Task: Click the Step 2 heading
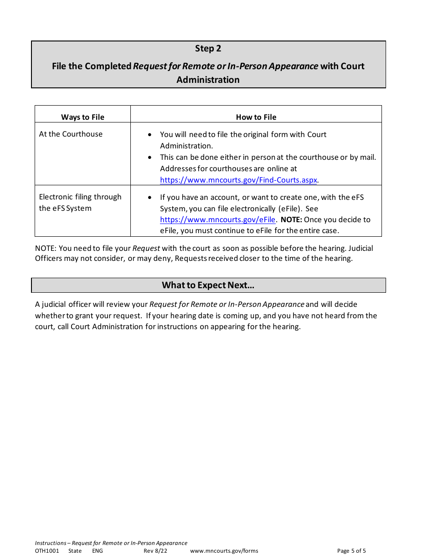tap(208, 48)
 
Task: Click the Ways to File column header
tap(82, 117)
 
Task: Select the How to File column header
tap(256, 117)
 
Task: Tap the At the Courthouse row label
tap(71, 134)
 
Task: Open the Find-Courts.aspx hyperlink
tap(238, 180)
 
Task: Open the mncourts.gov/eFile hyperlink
tap(217, 219)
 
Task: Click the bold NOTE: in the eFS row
tap(291, 219)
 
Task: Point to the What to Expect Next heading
tap(208, 285)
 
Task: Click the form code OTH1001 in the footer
tap(47, 551)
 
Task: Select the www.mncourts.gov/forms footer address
tap(224, 551)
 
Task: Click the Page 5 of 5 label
tap(351, 551)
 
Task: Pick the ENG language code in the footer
tap(97, 551)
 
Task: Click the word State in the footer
tap(75, 551)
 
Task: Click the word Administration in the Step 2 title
tap(208, 80)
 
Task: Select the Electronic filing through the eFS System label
tap(80, 203)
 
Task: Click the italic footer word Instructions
tap(50, 543)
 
